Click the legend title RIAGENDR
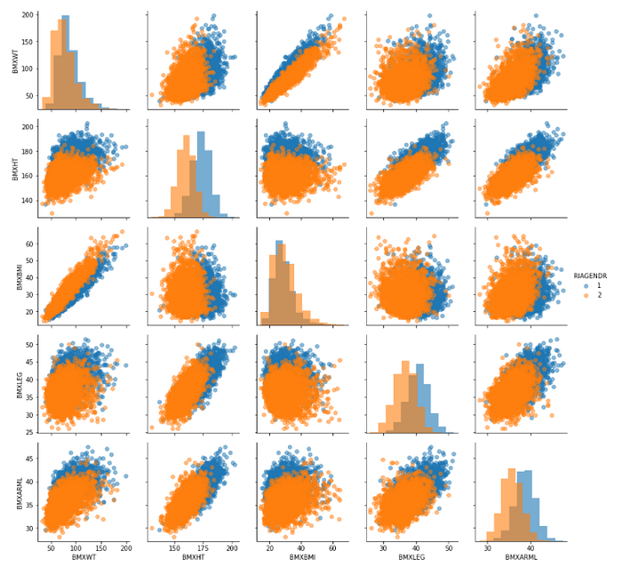click(590, 276)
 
